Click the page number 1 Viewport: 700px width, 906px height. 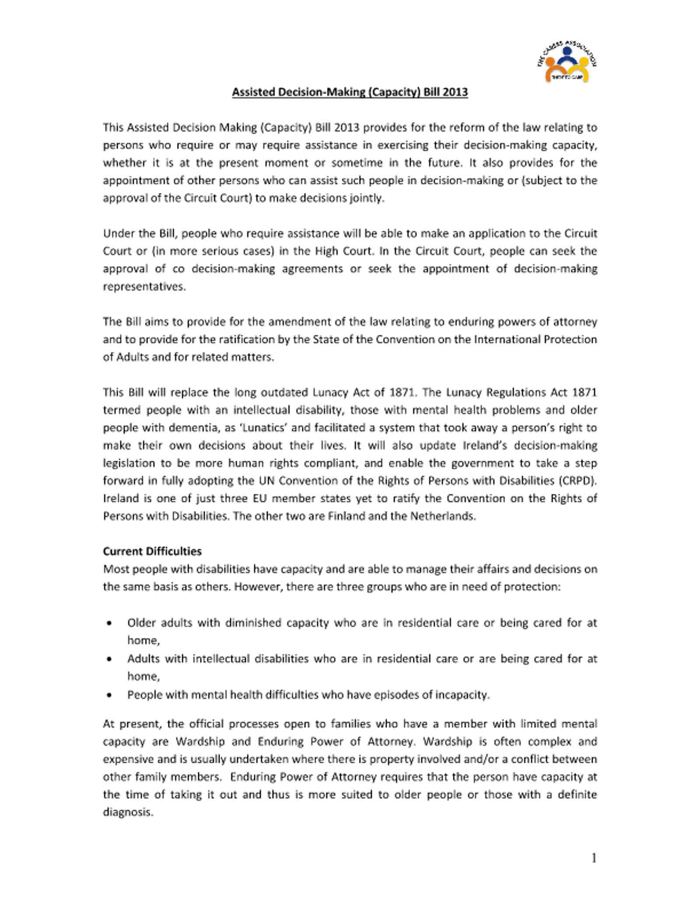tap(594, 859)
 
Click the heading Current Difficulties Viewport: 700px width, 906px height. tap(152, 551)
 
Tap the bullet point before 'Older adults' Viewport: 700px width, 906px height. tap(109, 623)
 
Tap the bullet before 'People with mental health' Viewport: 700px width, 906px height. tap(109, 695)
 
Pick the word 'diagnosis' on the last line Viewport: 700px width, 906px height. tap(127, 812)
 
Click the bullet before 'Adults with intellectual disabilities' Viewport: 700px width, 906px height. tap(109, 659)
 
